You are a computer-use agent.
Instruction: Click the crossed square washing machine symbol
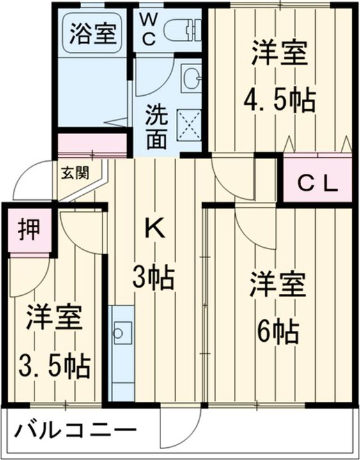tap(187, 123)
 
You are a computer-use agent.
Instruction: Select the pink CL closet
tap(318, 181)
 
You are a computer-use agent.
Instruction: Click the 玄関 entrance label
tap(74, 172)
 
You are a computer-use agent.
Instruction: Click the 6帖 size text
tap(277, 331)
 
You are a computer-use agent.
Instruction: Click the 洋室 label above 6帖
tap(277, 284)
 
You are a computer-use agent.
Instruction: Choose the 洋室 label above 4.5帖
tap(279, 53)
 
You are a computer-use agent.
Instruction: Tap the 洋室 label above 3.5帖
tap(54, 318)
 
